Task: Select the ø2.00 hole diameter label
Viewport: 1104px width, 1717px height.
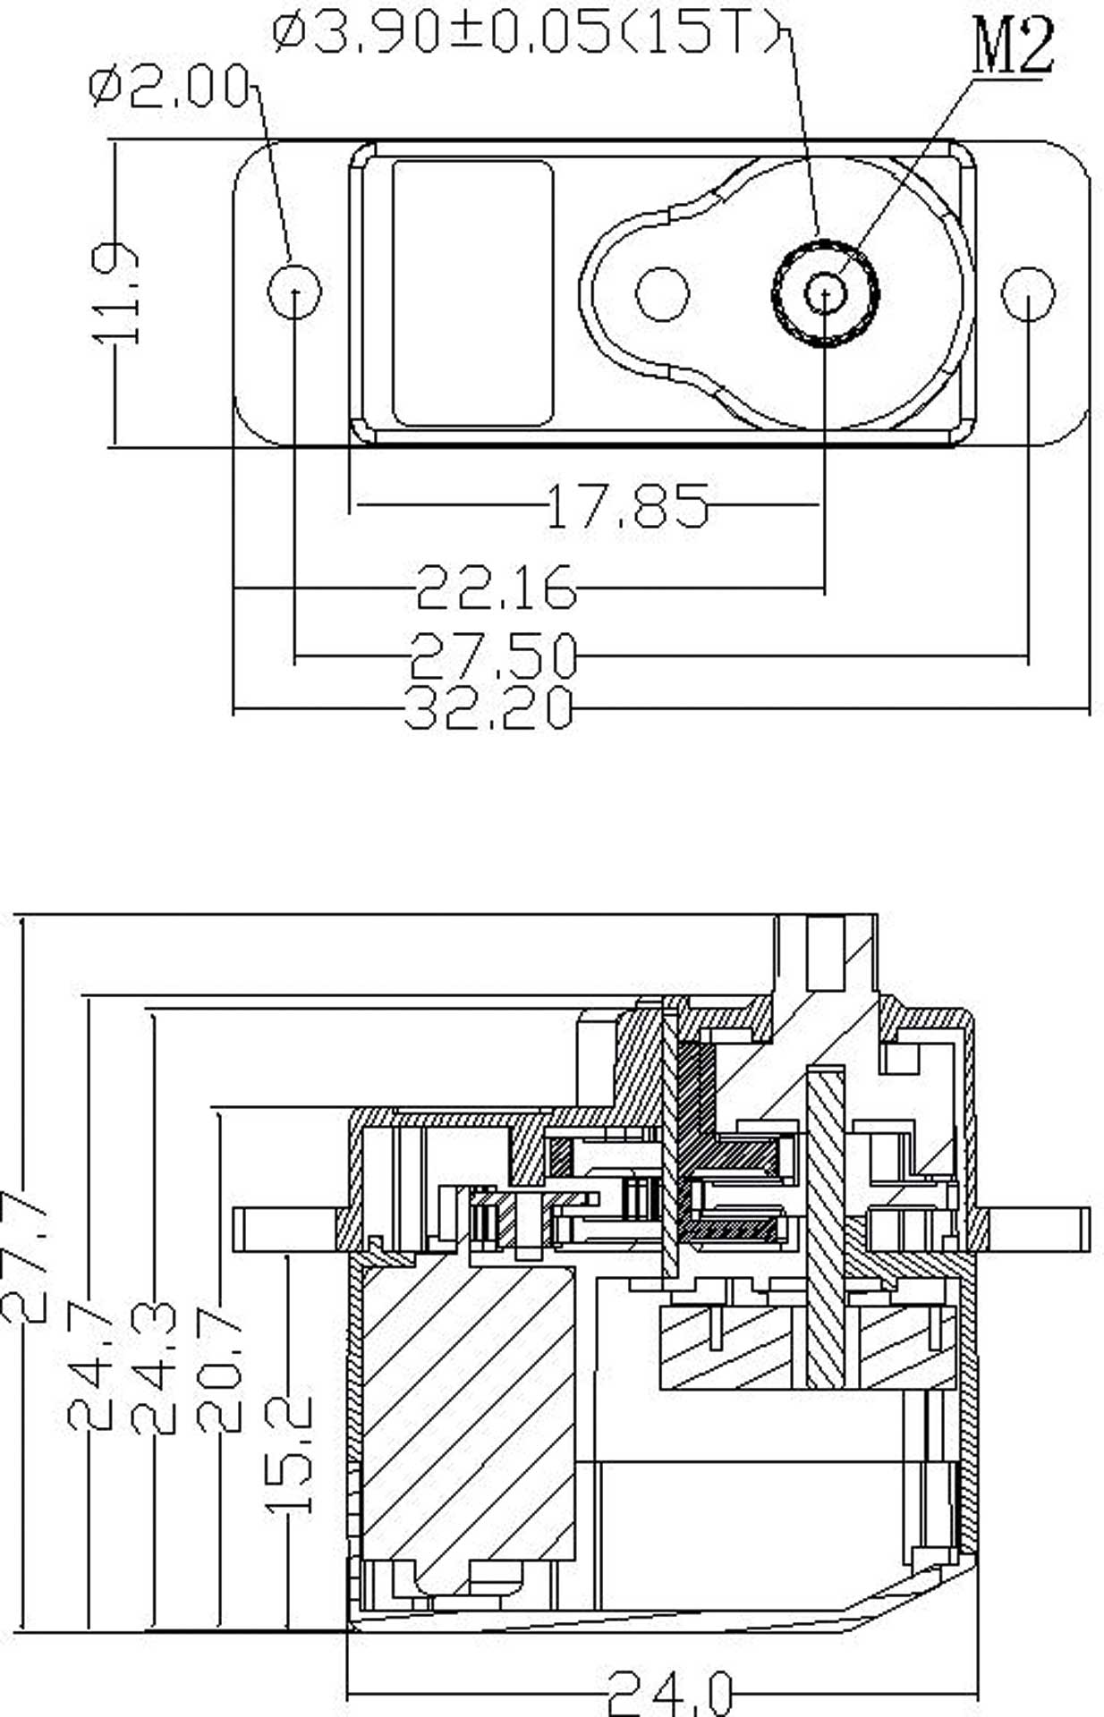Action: click(170, 88)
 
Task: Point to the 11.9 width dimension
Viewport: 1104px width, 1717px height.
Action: click(115, 293)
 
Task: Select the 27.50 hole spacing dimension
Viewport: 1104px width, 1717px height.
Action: click(494, 655)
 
